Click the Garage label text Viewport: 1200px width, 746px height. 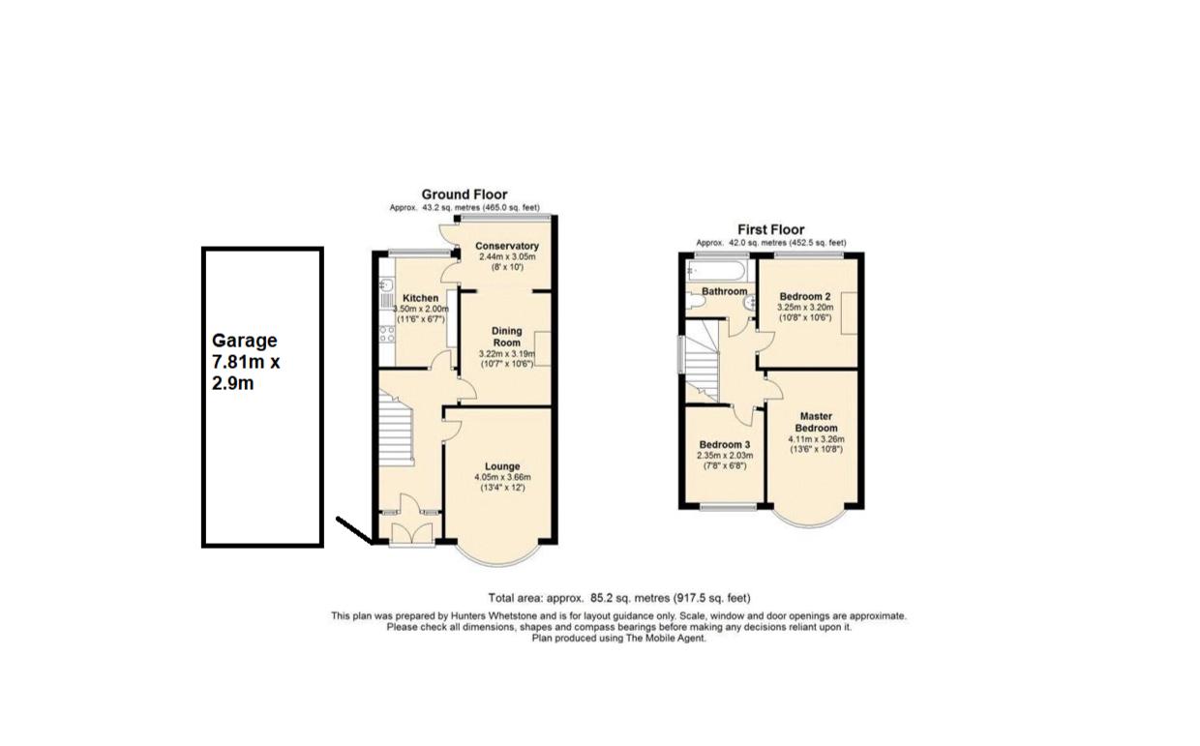245,341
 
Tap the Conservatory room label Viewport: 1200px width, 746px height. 507,246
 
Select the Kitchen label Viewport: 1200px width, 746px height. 421,298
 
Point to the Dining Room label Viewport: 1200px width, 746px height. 507,337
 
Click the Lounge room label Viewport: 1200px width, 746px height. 502,466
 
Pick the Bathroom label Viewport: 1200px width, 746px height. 724,291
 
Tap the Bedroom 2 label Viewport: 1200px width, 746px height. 805,297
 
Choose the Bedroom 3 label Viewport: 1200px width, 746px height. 725,445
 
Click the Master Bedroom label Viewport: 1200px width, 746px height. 816,422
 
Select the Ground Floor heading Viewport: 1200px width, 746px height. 465,194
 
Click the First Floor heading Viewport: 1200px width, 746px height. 771,229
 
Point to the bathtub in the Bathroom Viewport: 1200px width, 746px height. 716,271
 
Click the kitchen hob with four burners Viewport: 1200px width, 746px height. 387,335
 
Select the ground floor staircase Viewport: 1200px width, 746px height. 396,429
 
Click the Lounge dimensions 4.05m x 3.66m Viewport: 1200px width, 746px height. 502,477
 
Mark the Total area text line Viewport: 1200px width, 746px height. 619,598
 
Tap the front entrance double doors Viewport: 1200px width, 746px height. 412,534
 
